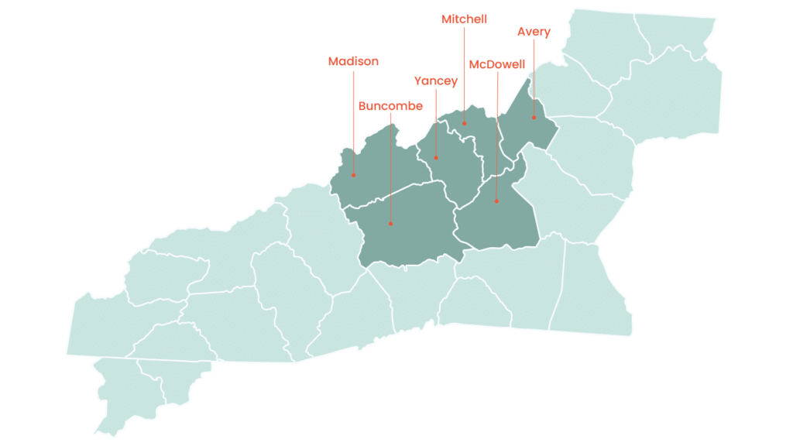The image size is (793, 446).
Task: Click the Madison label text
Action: click(354, 62)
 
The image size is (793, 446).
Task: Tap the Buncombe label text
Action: click(390, 107)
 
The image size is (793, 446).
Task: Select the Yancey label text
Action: click(436, 81)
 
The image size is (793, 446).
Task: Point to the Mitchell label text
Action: click(464, 19)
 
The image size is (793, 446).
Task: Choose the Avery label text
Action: click(534, 33)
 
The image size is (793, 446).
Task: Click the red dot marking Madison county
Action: click(353, 175)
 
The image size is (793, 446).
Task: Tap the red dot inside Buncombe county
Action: click(390, 224)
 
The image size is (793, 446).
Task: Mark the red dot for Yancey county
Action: click(436, 158)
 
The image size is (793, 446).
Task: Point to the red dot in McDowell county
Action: click(496, 202)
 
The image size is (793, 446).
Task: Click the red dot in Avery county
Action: click(534, 118)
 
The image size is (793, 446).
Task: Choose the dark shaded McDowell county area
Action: click(503, 221)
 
